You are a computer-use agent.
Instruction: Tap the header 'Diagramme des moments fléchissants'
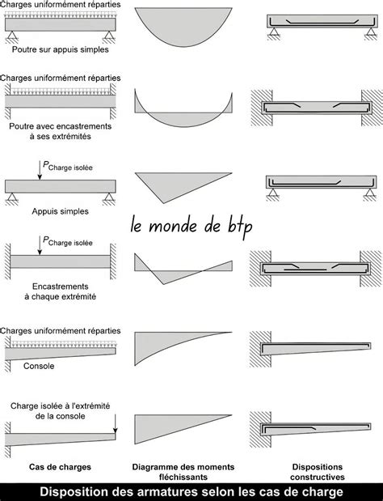coord(182,472)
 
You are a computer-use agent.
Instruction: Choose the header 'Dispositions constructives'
coord(316,472)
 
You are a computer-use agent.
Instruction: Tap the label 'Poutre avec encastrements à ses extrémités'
coord(61,132)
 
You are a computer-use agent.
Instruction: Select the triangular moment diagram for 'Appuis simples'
coord(174,185)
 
